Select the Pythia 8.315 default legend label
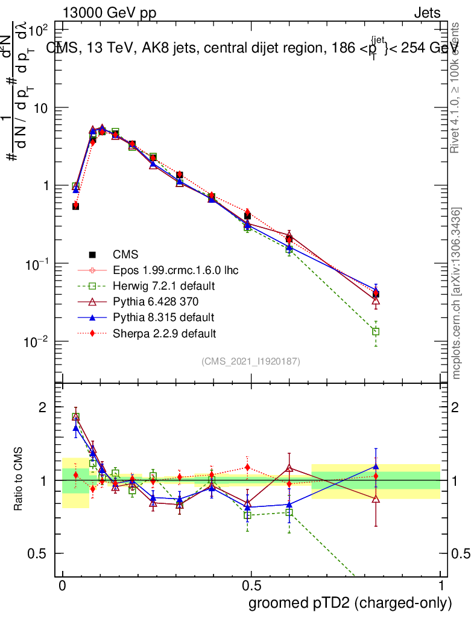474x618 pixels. coord(163,317)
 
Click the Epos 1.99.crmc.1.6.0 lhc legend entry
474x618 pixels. coord(175,270)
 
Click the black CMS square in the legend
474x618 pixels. coord(92,254)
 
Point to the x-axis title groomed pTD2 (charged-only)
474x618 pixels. coord(349,603)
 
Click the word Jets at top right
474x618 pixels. coord(427,13)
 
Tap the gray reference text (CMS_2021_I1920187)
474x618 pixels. coord(251,361)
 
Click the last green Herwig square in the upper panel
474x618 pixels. coord(376,331)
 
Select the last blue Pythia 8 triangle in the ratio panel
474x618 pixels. coord(376,466)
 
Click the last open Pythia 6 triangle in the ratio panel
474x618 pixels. coord(376,499)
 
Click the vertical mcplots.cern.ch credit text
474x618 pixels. coord(457,294)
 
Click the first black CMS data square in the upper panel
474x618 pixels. coord(76,206)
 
